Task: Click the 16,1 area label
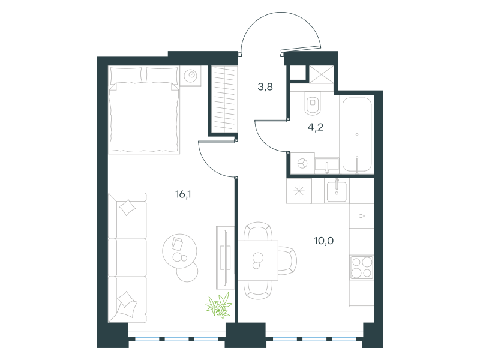click(183, 194)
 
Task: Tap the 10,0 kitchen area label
click(324, 241)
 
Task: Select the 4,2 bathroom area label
click(316, 127)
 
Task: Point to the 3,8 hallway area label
click(265, 87)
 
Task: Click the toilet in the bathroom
click(313, 103)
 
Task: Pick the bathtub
click(357, 134)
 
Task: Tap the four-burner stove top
click(362, 267)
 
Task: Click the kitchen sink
click(337, 191)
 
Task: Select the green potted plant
click(218, 305)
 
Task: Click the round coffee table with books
click(179, 251)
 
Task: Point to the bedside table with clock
click(190, 76)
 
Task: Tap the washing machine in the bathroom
click(302, 163)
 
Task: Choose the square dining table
click(258, 260)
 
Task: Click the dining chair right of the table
click(287, 260)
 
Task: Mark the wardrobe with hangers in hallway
click(224, 100)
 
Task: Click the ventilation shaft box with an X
click(321, 74)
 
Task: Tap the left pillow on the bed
click(126, 76)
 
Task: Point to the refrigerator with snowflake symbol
click(299, 191)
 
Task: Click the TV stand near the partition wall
click(225, 257)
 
